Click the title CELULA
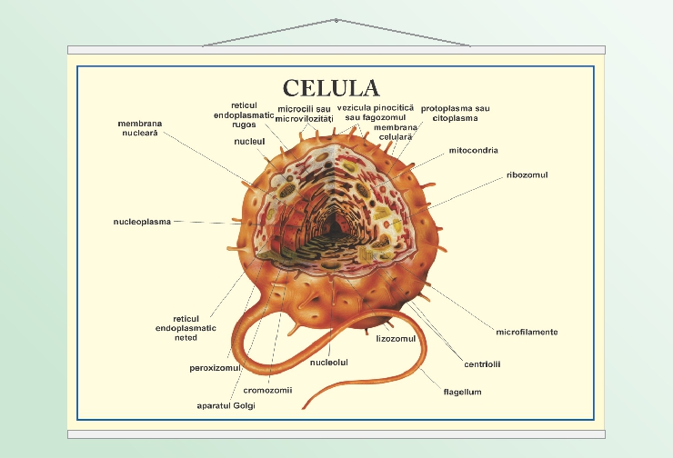click(330, 87)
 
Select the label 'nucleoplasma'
click(142, 221)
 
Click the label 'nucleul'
click(248, 142)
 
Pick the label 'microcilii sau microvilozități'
click(304, 114)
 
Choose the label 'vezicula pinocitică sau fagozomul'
click(376, 112)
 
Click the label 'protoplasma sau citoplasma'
click(455, 113)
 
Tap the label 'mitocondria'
click(473, 150)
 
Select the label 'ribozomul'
click(527, 174)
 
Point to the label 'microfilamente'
click(527, 332)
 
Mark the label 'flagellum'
click(462, 392)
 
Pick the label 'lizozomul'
click(396, 338)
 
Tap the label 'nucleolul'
click(329, 362)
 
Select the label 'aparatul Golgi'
click(226, 405)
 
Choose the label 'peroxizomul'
click(215, 368)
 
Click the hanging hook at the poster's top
click(336, 20)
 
